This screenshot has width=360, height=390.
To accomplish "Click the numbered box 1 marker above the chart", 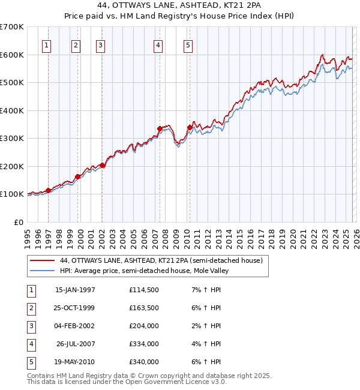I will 47,45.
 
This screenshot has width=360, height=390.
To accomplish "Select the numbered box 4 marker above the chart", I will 157,45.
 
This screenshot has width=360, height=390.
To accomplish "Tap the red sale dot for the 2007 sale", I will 160,128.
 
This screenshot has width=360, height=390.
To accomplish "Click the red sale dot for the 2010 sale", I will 190,127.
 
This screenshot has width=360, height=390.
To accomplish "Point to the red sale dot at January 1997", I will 49,190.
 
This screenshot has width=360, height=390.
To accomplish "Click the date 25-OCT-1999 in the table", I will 75,308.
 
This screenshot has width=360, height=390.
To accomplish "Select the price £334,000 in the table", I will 144,344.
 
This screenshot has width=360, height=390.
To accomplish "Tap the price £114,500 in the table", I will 144,290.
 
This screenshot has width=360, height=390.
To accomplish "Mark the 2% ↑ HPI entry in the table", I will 208,326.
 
